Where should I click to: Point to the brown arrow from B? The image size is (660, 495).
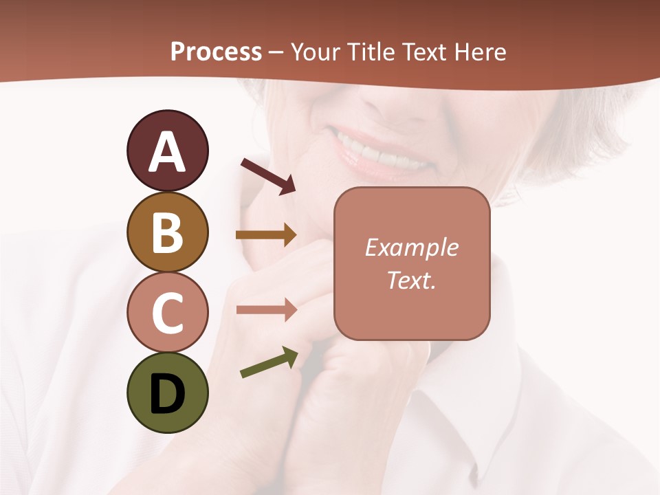(266, 235)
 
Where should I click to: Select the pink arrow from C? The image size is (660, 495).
(266, 309)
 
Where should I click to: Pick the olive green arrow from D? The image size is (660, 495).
(269, 363)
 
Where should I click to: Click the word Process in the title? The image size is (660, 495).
(216, 52)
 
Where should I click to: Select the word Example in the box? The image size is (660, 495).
(412, 248)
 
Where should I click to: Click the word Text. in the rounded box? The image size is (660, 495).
(412, 280)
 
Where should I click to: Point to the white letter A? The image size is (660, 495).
(167, 152)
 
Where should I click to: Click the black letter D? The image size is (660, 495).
(167, 394)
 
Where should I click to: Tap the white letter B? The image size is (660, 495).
(167, 232)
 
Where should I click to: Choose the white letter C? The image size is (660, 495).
(167, 313)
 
